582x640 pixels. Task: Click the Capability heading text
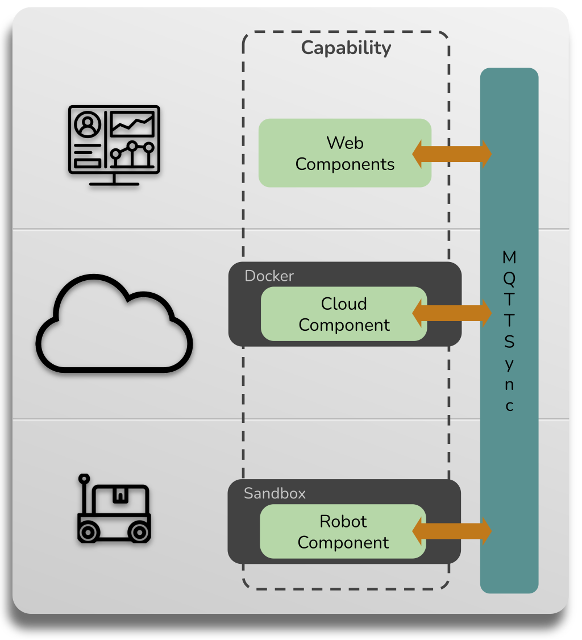[x=346, y=48]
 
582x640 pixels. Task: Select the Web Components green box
[x=344, y=153]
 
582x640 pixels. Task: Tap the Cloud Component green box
[x=344, y=314]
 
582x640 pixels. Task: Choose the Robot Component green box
[x=343, y=531]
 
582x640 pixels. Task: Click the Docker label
[x=269, y=276]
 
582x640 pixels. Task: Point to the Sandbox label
[x=275, y=493]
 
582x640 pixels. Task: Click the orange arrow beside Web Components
[x=451, y=153]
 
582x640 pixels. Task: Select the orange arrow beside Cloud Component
[x=451, y=313]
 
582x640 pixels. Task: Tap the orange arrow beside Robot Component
[x=451, y=531]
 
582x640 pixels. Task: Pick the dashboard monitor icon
[x=114, y=145]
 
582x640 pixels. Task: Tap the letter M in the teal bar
[x=509, y=257]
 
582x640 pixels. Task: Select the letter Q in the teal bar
[x=509, y=279]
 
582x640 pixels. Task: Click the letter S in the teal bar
[x=509, y=342]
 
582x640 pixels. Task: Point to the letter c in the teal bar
[x=510, y=406]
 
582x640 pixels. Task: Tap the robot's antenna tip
[x=84, y=478]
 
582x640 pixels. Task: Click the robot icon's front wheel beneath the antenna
[x=88, y=532]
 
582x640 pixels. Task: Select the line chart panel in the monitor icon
[x=132, y=124]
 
